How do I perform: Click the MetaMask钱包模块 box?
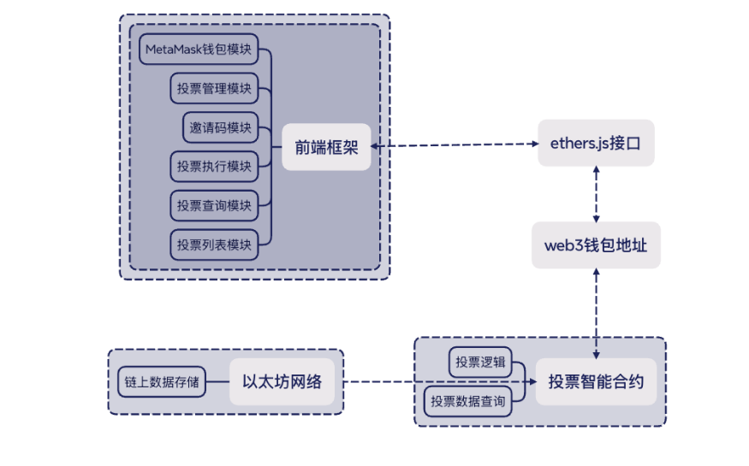click(x=199, y=49)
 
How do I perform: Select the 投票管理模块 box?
click(x=214, y=88)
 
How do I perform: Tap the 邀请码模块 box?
click(x=220, y=127)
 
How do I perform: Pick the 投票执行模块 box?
click(x=214, y=167)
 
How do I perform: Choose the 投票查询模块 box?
click(x=214, y=205)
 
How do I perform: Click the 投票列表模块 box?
click(x=214, y=245)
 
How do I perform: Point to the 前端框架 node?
click(x=326, y=147)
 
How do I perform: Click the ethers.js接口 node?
click(x=596, y=143)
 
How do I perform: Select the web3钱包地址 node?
click(x=596, y=245)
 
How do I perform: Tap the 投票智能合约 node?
click(x=596, y=381)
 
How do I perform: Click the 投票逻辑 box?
click(x=480, y=362)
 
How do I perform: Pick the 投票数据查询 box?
click(x=467, y=401)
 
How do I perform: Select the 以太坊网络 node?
click(x=282, y=381)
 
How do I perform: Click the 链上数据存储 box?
click(x=162, y=381)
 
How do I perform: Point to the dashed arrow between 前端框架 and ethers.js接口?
click(x=455, y=145)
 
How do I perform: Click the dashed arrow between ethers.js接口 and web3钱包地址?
click(x=596, y=194)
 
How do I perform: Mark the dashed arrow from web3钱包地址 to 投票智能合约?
click(x=596, y=313)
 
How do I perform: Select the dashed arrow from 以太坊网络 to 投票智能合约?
click(x=440, y=381)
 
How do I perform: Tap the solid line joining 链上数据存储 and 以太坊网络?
click(x=217, y=381)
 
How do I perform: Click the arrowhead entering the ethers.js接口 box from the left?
click(x=535, y=144)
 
